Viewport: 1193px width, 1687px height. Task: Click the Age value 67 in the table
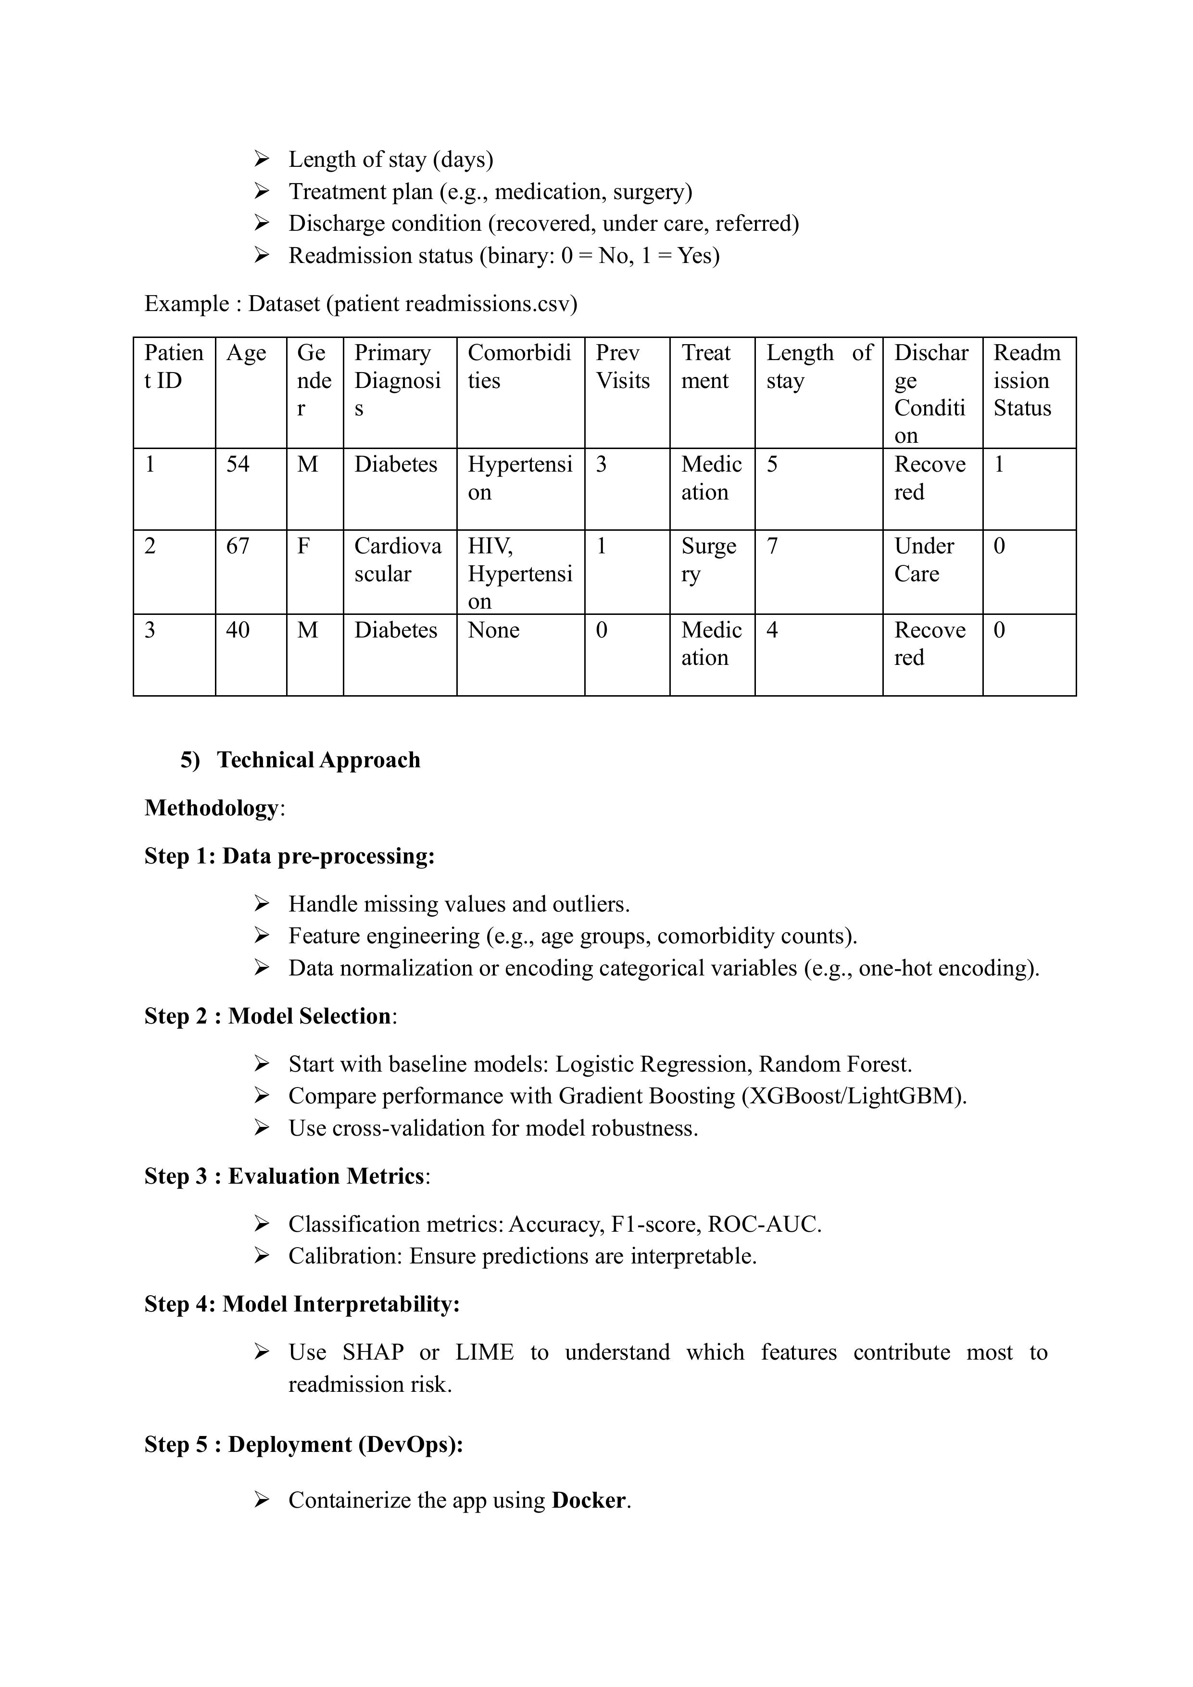coord(238,546)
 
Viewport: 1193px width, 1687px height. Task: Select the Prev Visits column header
coord(623,367)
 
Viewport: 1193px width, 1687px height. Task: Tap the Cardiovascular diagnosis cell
coord(398,560)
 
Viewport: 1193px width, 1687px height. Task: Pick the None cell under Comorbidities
coord(493,630)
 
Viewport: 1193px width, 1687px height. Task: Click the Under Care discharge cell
coord(924,560)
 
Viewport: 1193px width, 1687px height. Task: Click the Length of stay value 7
coord(772,546)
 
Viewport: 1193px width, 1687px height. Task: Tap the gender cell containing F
coord(303,546)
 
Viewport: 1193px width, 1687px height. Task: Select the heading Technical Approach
coord(318,760)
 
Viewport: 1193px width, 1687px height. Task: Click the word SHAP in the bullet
coord(373,1352)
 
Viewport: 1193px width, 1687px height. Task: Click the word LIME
coord(484,1352)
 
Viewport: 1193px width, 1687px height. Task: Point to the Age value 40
coord(238,630)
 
